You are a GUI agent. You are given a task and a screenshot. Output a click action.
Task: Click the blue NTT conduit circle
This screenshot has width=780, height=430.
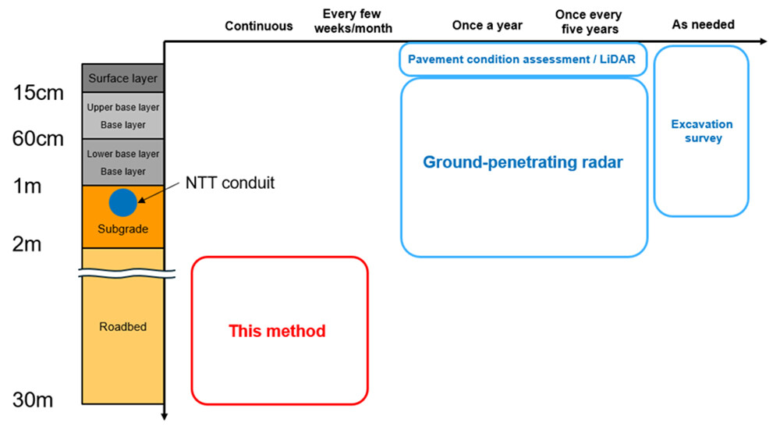coord(122,203)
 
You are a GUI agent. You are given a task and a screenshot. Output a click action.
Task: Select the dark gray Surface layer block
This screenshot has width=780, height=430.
coord(122,78)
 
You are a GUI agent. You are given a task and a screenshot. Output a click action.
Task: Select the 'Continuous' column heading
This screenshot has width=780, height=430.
coord(259,26)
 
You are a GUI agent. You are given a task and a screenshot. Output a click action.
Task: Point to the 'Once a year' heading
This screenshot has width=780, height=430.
coord(487,26)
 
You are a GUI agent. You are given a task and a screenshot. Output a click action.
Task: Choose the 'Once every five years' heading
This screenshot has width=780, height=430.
coord(587,21)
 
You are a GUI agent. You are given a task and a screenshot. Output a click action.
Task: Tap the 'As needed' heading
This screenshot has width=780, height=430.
coord(703,25)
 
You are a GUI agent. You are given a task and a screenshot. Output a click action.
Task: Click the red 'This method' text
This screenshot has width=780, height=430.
coord(277,331)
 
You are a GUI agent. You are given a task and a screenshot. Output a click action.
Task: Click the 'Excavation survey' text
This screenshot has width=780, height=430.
coord(702,131)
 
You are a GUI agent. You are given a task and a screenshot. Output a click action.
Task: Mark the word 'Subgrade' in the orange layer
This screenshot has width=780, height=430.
coord(122,229)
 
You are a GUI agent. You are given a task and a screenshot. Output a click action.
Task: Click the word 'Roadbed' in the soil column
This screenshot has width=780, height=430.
coord(122,326)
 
